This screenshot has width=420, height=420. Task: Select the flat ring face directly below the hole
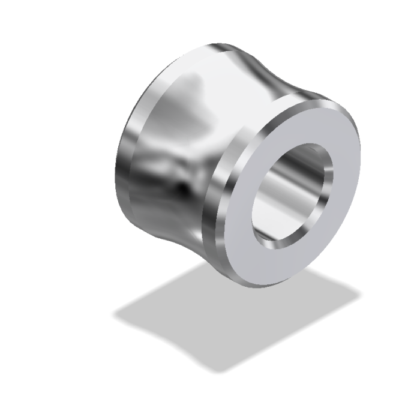pos(282,264)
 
